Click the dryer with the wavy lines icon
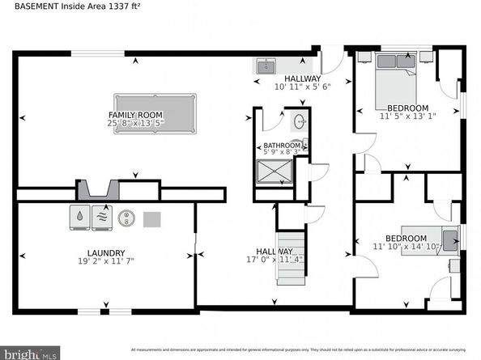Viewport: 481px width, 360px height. pos(102,217)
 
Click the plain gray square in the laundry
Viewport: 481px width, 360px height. pos(152,218)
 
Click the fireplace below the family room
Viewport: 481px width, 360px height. pos(98,190)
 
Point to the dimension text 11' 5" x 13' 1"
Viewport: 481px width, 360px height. pos(407,116)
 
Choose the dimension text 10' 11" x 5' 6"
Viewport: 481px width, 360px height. pos(302,86)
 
